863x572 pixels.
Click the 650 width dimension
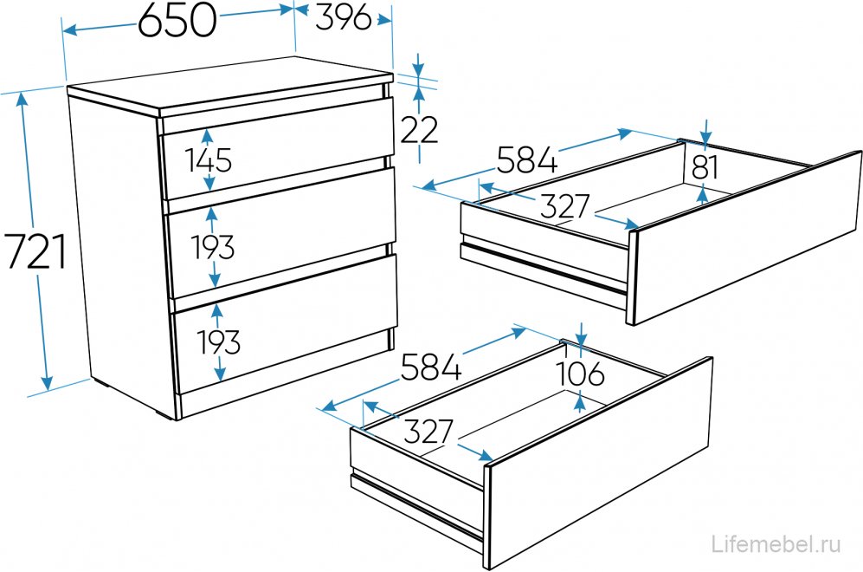[177, 22]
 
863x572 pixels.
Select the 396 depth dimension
[344, 18]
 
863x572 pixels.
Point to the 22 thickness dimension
[419, 130]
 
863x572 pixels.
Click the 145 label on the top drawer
[209, 160]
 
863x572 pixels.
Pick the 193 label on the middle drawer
[213, 246]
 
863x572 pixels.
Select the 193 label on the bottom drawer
[218, 342]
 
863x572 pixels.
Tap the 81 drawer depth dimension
[705, 167]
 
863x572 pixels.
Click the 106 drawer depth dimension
[580, 374]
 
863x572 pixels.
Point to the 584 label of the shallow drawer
[527, 159]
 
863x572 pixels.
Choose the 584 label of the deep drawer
[431, 367]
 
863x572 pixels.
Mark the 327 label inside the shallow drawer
[564, 206]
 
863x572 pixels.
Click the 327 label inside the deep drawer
[428, 432]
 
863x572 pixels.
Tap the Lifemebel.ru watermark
[776, 544]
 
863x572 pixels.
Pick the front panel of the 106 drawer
[598, 464]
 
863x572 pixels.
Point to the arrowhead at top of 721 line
[23, 100]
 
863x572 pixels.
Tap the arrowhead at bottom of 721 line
[47, 382]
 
